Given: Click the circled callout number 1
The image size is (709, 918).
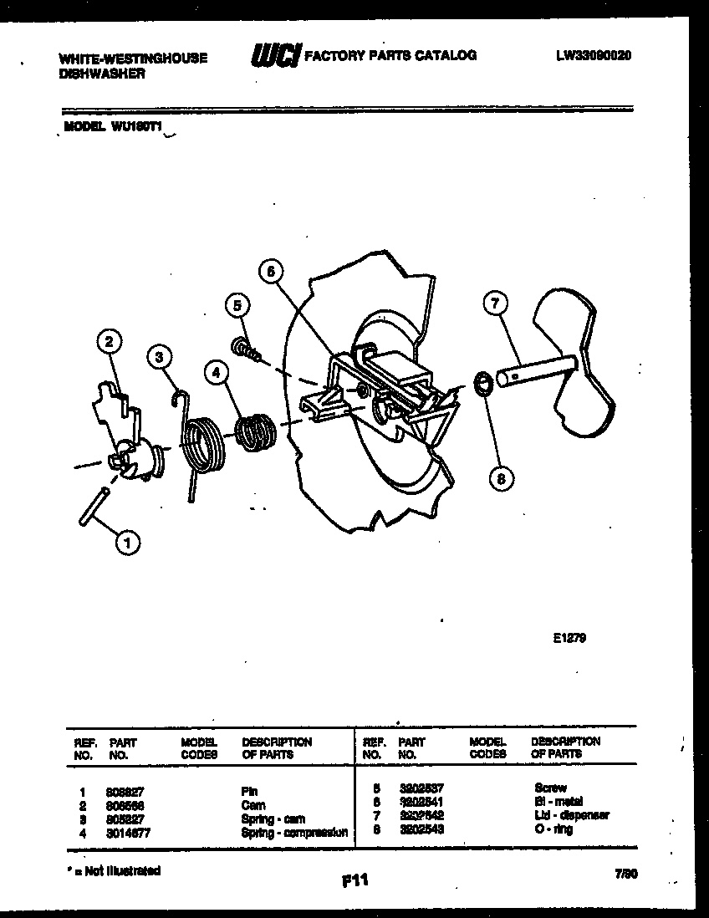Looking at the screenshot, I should click(127, 544).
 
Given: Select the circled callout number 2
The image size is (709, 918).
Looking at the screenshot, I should click(109, 340).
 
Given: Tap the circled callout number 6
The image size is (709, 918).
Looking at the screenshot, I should click(271, 270).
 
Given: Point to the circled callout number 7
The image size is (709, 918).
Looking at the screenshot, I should click(495, 303).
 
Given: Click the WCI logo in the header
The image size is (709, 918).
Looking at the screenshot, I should click(273, 57).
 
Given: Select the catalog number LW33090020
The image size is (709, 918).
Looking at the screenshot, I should click(593, 56).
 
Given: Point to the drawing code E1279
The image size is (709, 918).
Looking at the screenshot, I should click(569, 638).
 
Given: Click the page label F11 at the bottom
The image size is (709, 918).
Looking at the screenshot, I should click(354, 880).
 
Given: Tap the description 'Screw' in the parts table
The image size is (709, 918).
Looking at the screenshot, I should click(550, 788).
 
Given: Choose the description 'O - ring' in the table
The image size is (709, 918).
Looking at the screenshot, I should click(553, 830).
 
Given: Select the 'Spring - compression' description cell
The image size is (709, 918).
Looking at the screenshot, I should click(293, 833).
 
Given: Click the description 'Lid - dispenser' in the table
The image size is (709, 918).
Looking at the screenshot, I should click(571, 815).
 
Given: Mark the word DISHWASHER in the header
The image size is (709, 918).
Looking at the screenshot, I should click(102, 74).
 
